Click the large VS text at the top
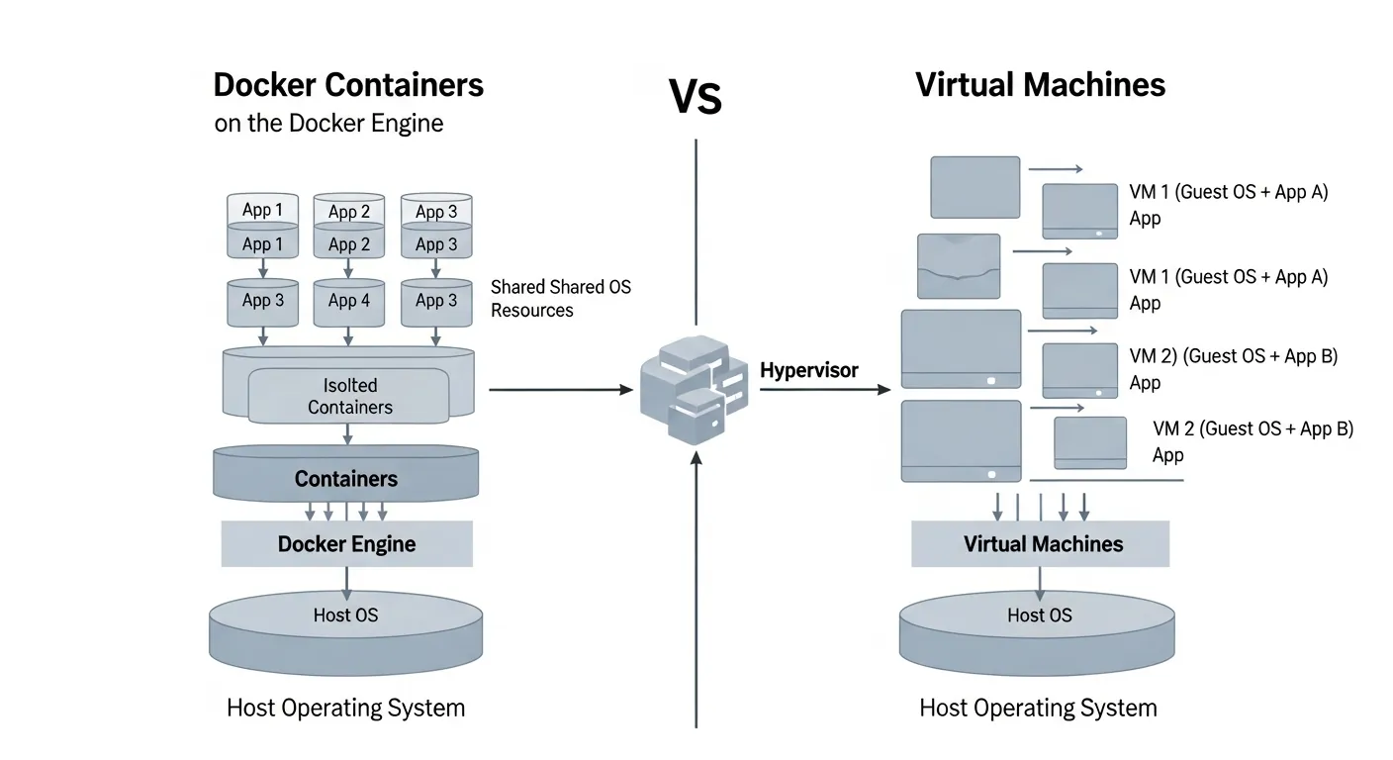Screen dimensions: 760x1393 pyautogui.click(x=696, y=97)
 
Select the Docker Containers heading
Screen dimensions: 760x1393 pyautogui.click(x=348, y=84)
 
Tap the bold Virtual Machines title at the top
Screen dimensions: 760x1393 pyautogui.click(x=1040, y=84)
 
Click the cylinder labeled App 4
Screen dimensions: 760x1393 pyautogui.click(x=348, y=301)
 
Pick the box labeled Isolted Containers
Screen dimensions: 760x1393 pyautogui.click(x=349, y=396)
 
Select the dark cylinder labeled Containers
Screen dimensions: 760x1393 pyautogui.click(x=346, y=478)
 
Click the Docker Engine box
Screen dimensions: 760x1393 pyautogui.click(x=346, y=543)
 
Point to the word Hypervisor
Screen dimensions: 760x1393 pyautogui.click(x=809, y=370)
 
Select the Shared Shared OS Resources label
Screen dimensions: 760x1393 pyautogui.click(x=560, y=298)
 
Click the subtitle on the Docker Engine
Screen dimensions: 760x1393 pyautogui.click(x=328, y=124)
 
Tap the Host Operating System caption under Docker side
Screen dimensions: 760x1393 pyautogui.click(x=345, y=708)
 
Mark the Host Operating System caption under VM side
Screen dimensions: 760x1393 pyautogui.click(x=1038, y=708)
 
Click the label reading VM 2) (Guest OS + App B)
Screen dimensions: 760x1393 pyautogui.click(x=1233, y=356)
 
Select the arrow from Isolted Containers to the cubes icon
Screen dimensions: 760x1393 pyautogui.click(x=560, y=390)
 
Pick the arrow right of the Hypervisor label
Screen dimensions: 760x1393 pyautogui.click(x=825, y=390)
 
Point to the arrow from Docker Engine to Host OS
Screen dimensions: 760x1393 pyautogui.click(x=346, y=583)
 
